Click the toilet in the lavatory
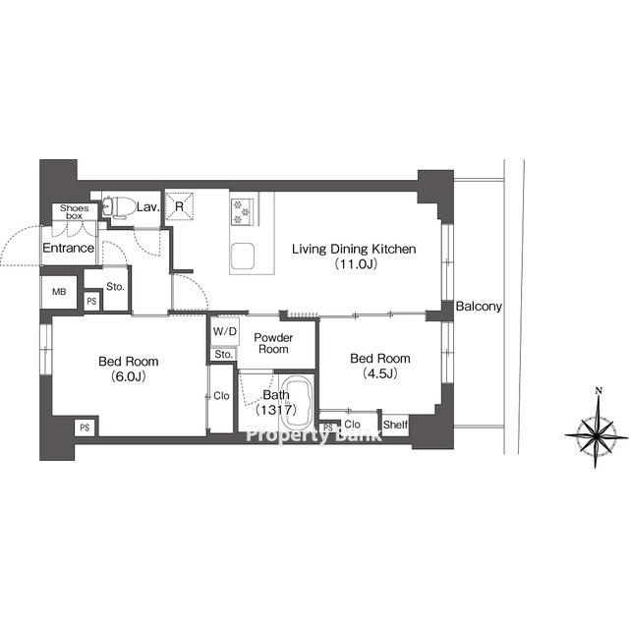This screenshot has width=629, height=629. pos(117,207)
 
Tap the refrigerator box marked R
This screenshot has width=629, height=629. pos(179,206)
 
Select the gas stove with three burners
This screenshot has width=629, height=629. pos(242,211)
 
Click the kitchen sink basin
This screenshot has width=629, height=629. pos(243,256)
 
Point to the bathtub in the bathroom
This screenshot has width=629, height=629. pos(297,403)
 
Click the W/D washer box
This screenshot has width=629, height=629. pos(225,332)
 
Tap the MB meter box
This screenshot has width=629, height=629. pos(59,292)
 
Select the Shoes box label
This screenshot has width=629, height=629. pos(75,212)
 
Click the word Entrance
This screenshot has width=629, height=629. pos(68,248)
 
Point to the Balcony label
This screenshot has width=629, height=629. pos(479,307)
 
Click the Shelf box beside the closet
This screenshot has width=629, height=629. pos(395,425)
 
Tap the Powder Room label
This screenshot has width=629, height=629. pos(273,343)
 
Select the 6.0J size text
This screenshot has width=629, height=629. pos(129,376)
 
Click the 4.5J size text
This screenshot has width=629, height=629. pos(380,373)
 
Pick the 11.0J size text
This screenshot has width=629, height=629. pos(356,264)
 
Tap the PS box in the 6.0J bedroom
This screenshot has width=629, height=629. pos(85,428)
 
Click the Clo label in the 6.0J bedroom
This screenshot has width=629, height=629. pos(221,396)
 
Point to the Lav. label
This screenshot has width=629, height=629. pos(148,207)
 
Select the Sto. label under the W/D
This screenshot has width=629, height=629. pos(223,355)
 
